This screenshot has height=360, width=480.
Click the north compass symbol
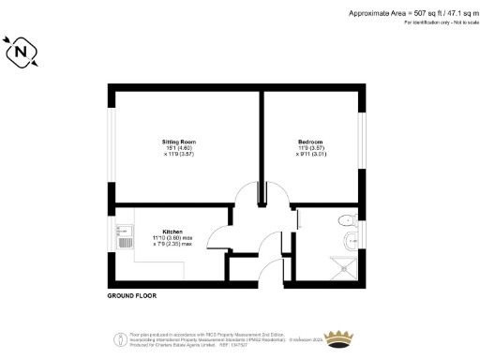[22, 53]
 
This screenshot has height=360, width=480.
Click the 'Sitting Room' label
[179, 142]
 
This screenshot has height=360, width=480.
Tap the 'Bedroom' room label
[309, 142]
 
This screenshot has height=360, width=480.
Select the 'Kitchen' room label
[172, 231]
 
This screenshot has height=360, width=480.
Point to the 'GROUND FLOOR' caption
[131, 295]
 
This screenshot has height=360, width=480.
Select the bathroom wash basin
[352, 242]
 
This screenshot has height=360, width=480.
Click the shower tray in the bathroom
[345, 266]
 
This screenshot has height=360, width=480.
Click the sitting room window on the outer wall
[111, 145]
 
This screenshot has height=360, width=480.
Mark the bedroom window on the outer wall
[361, 141]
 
